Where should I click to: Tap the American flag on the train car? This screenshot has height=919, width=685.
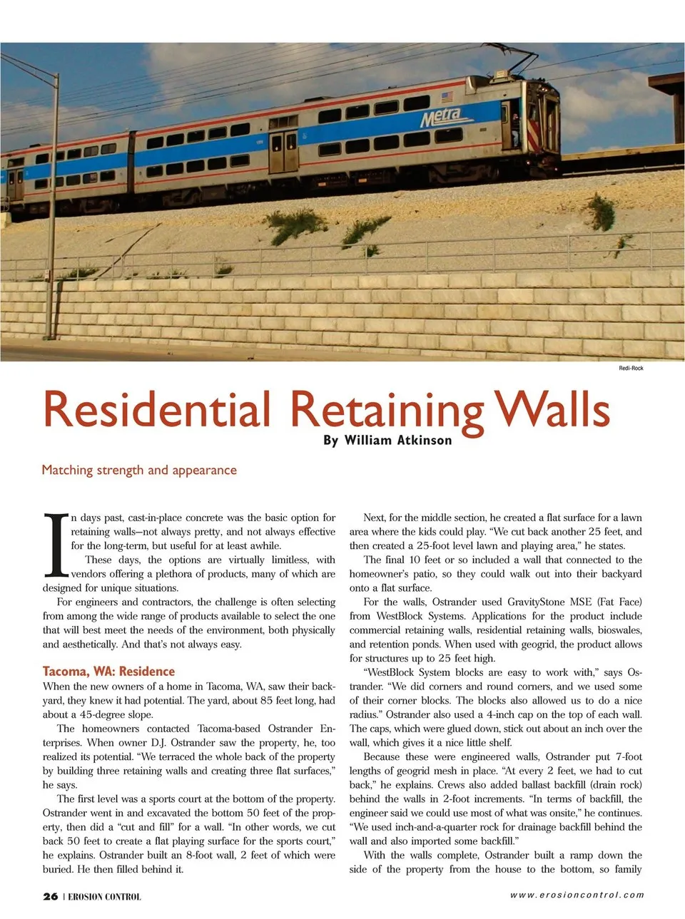[447, 96]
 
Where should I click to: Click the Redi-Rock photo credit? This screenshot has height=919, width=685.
[631, 368]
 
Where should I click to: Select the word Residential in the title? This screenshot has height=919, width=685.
[157, 410]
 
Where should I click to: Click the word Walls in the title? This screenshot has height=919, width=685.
[553, 410]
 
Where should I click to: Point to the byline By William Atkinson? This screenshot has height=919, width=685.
[387, 440]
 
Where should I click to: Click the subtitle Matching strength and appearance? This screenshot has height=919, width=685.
[139, 470]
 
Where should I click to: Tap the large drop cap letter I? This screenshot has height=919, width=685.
[56, 545]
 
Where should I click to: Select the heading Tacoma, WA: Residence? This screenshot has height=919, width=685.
[108, 671]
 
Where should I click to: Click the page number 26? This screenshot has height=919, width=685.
[50, 896]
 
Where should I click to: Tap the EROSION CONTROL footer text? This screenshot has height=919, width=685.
[105, 897]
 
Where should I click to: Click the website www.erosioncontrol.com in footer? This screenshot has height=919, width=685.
[577, 895]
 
